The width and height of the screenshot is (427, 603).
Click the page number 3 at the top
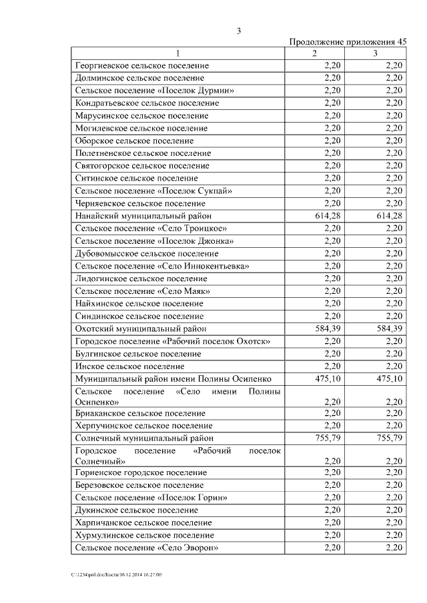pyautogui.click(x=238, y=31)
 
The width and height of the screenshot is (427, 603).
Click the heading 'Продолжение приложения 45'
pyautogui.click(x=348, y=41)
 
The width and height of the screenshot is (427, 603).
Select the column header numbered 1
pyautogui.click(x=178, y=53)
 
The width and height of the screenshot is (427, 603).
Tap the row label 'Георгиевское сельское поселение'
pyautogui.click(x=142, y=66)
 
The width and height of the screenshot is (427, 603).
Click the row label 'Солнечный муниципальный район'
pyautogui.click(x=145, y=438)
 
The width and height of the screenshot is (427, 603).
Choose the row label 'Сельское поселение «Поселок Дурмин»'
pyautogui.click(x=154, y=91)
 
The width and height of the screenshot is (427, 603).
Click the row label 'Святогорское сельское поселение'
pyautogui.click(x=142, y=166)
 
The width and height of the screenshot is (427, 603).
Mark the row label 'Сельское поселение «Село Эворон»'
pyautogui.click(x=147, y=548)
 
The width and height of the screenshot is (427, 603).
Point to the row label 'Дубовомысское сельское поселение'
pyautogui.click(x=147, y=254)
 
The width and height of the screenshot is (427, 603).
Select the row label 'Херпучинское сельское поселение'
pyautogui.click(x=143, y=425)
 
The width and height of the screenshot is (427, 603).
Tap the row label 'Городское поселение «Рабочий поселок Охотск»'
pyautogui.click(x=173, y=341)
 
